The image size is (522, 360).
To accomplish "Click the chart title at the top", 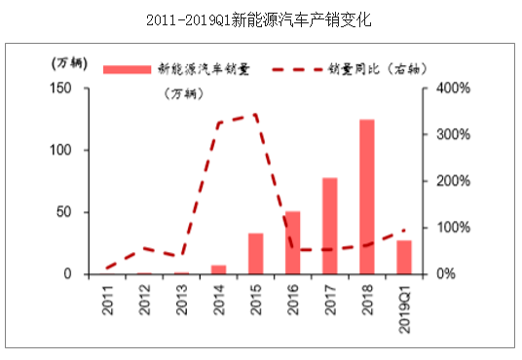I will coord(262,18).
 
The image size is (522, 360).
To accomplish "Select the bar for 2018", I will coord(367,197).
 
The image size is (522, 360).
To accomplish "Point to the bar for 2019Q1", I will coord(404,257).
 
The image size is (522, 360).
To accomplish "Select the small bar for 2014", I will coord(219,269).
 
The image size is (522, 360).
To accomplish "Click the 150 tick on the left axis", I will coord(60,88).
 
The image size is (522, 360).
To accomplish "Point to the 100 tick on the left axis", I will coord(60,150).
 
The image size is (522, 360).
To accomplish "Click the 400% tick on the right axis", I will coord(454,88).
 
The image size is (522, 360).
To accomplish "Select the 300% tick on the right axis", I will coord(454,134).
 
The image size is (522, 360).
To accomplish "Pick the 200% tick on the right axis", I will coord(454,181).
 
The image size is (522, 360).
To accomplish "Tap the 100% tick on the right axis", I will coord(454,228).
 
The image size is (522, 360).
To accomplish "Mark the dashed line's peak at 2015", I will coord(255,114).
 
